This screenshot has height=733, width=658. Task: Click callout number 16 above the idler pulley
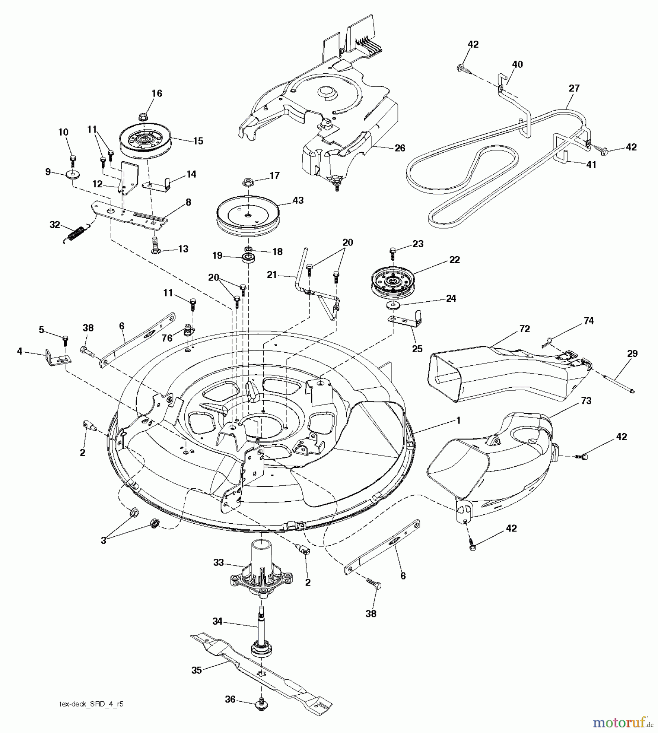click(157, 93)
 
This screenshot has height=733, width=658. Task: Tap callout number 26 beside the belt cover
click(400, 148)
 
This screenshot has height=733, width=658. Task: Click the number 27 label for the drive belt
click(574, 88)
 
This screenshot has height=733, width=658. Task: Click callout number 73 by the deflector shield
click(586, 401)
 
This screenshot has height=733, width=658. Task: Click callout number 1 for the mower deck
click(458, 420)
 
